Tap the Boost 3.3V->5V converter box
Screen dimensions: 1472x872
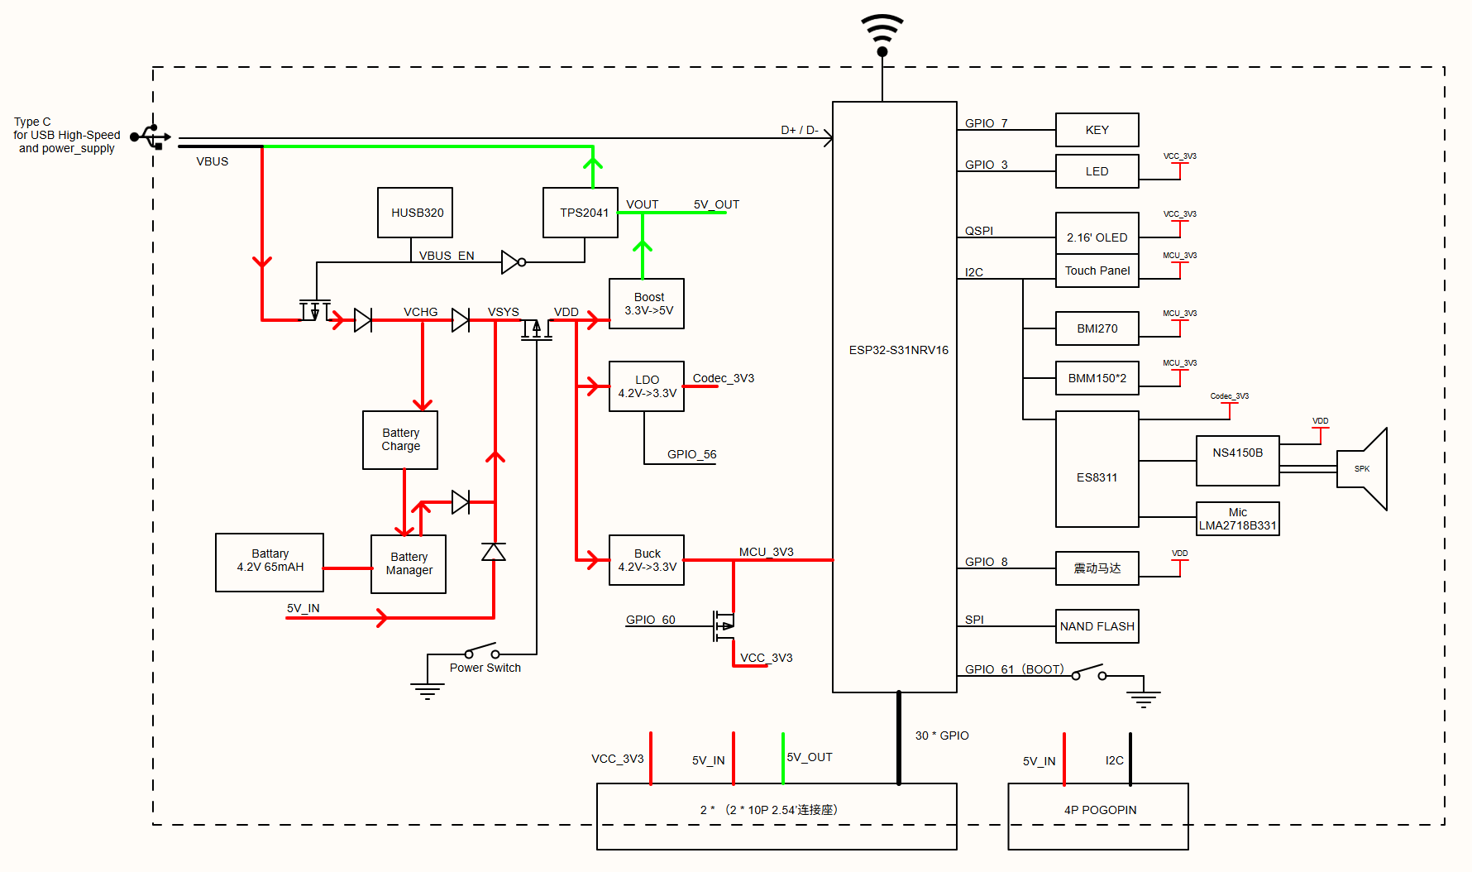(647, 304)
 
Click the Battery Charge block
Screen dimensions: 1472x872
(400, 440)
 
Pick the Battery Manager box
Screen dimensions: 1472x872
(409, 564)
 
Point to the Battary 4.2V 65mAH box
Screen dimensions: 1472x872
(270, 563)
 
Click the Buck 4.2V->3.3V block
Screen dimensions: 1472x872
(647, 560)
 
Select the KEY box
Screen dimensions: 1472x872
(1097, 130)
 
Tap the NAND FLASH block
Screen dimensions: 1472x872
(1097, 626)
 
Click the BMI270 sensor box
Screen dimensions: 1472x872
(1097, 328)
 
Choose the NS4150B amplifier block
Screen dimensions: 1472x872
(1238, 461)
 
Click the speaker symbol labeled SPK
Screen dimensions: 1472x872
(1362, 469)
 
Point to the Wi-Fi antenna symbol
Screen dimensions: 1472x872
(882, 36)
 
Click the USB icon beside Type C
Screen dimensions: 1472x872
(151, 137)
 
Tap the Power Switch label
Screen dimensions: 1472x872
(485, 668)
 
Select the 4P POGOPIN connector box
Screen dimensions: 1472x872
(1098, 817)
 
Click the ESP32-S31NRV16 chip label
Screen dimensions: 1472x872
(899, 350)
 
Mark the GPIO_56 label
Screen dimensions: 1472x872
(692, 454)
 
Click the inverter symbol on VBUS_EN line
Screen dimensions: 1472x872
(514, 262)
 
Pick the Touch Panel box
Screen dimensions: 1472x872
(1097, 271)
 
